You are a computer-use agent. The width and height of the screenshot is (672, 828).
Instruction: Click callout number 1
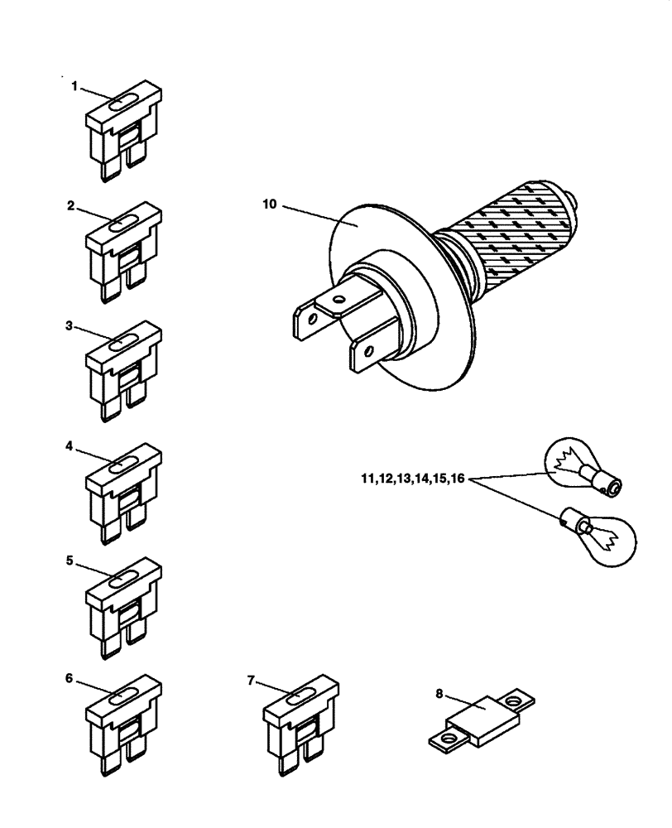(x=74, y=85)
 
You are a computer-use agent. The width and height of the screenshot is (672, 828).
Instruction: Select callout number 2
(x=72, y=206)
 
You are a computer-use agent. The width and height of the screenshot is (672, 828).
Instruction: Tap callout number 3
(x=71, y=326)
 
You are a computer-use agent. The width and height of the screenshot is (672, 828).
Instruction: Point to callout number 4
(x=71, y=445)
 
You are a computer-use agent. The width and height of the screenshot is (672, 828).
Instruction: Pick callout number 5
(x=71, y=560)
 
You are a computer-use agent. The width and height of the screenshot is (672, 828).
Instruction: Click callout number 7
(x=251, y=680)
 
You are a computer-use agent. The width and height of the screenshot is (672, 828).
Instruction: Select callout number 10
(x=268, y=203)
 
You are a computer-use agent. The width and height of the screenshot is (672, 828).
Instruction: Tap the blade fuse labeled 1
(x=122, y=132)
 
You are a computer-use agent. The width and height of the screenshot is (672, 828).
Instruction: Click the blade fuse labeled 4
(x=122, y=493)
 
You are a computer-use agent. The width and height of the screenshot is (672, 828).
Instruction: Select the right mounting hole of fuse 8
(x=517, y=700)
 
